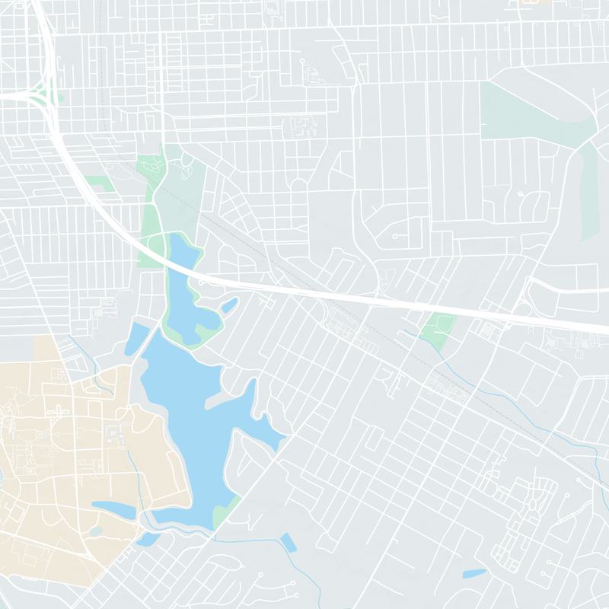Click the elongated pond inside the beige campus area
114,507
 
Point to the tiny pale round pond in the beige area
97,531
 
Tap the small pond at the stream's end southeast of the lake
289,542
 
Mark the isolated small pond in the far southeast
473,573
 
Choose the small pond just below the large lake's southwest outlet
148,539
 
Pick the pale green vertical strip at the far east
590,190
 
